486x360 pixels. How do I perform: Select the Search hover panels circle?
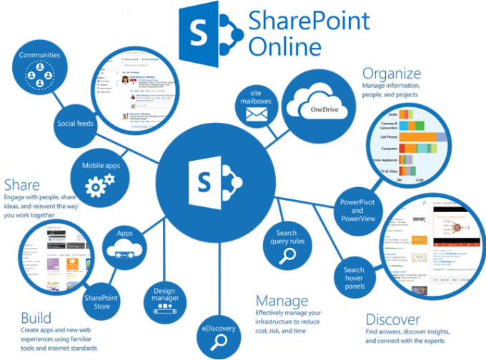(x=354, y=276)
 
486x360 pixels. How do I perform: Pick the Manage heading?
(x=282, y=300)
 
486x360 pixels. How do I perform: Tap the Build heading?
(x=36, y=316)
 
